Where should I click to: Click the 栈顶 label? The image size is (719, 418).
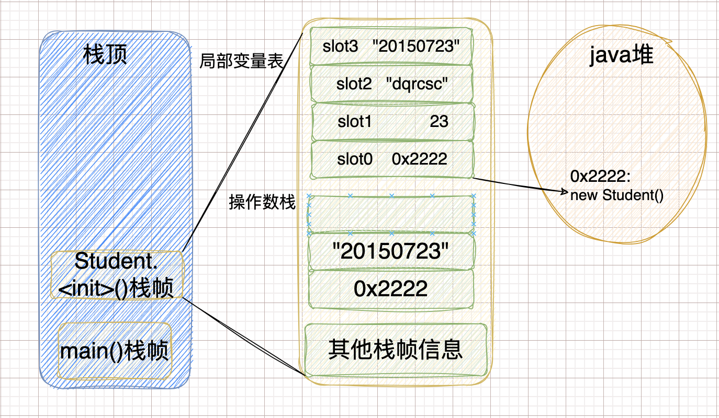click(x=105, y=54)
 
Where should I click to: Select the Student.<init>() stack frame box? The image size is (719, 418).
click(x=117, y=275)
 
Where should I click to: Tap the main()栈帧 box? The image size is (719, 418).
click(x=115, y=351)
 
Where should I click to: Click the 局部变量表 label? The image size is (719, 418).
click(x=241, y=62)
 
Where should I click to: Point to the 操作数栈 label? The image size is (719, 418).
click(x=262, y=203)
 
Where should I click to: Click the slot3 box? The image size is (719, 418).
click(x=391, y=47)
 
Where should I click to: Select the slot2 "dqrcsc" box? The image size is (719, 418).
click(x=391, y=84)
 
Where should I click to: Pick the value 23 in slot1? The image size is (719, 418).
click(x=439, y=122)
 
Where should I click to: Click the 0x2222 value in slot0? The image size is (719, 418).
click(x=419, y=159)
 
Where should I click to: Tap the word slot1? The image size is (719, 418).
click(x=355, y=122)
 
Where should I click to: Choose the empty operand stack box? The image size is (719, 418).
click(x=391, y=214)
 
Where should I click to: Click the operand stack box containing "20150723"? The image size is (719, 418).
click(x=391, y=252)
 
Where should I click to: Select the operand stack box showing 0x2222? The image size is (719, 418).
click(x=391, y=289)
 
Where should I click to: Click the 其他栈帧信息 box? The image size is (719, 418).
click(x=396, y=350)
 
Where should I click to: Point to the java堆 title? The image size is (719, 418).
click(x=621, y=55)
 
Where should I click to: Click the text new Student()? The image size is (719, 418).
click(x=617, y=196)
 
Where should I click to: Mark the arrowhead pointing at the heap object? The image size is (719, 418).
click(x=565, y=192)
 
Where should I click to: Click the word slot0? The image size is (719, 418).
click(x=355, y=159)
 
